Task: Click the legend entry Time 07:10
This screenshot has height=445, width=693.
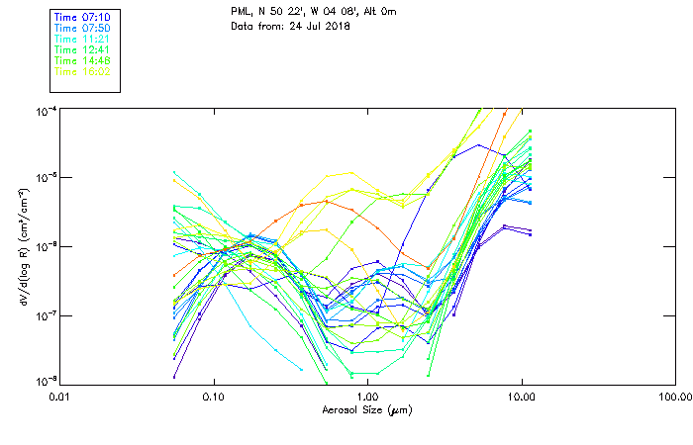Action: click(x=82, y=18)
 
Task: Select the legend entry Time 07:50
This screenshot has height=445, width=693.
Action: click(x=82, y=29)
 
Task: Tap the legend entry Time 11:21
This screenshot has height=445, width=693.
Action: click(x=82, y=39)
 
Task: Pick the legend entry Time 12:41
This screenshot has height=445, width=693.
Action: click(x=82, y=49)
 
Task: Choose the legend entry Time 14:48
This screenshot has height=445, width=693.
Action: click(x=82, y=60)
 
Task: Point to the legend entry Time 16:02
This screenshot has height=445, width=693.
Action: click(x=82, y=70)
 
